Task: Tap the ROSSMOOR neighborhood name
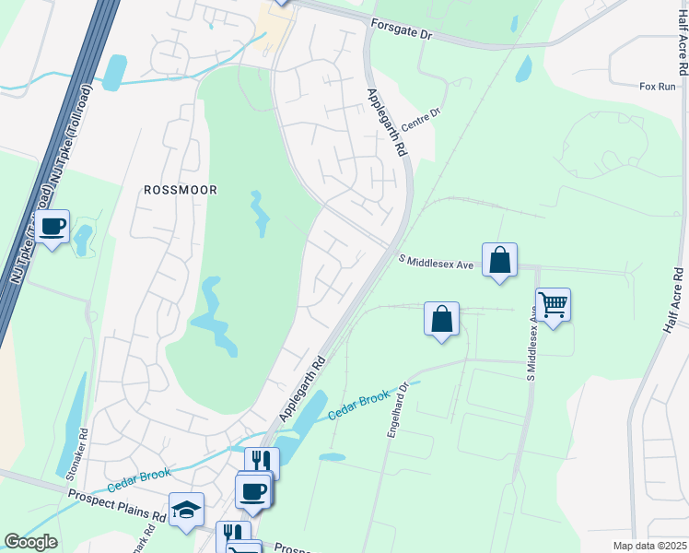(x=181, y=190)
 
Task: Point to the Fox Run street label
(x=657, y=86)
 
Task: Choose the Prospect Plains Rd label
(x=116, y=503)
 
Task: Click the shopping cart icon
(x=553, y=304)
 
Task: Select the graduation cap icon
(x=186, y=509)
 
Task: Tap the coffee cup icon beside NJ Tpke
(x=53, y=226)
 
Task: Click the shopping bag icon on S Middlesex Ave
(x=499, y=259)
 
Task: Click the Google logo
(x=30, y=542)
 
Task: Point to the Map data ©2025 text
(x=649, y=546)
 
